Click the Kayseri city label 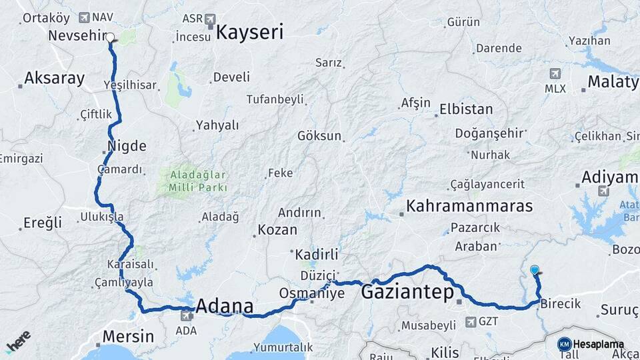click(x=250, y=32)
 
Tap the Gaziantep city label click(x=407, y=292)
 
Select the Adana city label click(x=225, y=307)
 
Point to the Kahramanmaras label click(x=470, y=205)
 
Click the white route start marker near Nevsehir click(x=110, y=38)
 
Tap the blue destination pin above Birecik click(x=534, y=270)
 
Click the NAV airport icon click(x=84, y=17)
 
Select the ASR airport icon click(x=211, y=18)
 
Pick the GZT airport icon click(x=471, y=322)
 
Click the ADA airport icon click(x=185, y=315)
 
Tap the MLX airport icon click(x=555, y=73)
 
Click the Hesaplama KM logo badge click(x=564, y=344)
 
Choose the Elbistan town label click(x=466, y=109)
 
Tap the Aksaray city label click(x=54, y=79)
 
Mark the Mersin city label click(x=127, y=336)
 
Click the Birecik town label click(x=560, y=304)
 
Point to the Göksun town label click(x=319, y=136)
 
